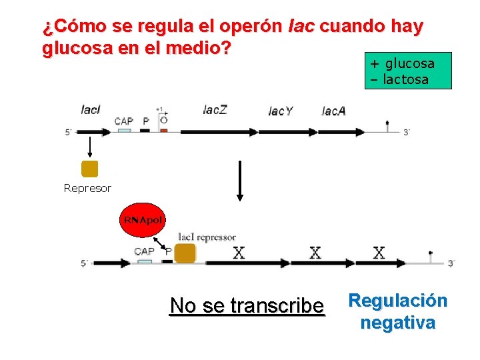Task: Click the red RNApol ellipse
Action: [x=142, y=219]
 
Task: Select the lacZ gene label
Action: [x=215, y=109]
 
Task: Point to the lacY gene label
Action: [x=280, y=111]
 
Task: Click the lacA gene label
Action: [x=333, y=111]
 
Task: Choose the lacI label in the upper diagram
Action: [x=90, y=109]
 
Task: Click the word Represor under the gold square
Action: [x=87, y=188]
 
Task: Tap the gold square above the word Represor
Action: [x=89, y=169]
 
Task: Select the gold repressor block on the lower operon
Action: [x=185, y=253]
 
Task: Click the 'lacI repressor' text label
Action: [x=207, y=237]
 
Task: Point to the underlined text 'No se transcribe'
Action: [x=247, y=305]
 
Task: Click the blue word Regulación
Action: [x=397, y=300]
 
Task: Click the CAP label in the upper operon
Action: [x=123, y=121]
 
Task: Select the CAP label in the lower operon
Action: [x=144, y=251]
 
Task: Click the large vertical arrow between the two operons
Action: [x=240, y=180]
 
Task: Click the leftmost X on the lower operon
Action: [x=238, y=252]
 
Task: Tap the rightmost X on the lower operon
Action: [x=379, y=252]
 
